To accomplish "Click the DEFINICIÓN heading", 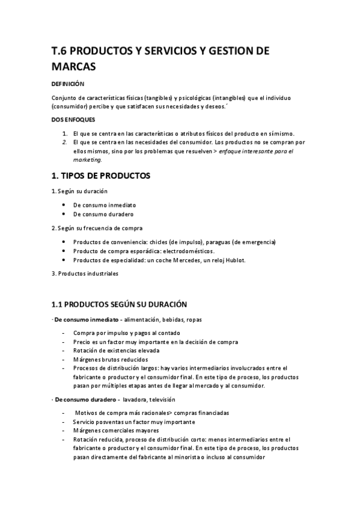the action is coord(68,85).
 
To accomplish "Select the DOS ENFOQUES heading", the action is coord(70,120).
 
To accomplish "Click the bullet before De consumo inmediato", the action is coord(64,205).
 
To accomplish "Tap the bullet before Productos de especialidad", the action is coord(64,260).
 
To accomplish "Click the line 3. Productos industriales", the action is coord(85,274).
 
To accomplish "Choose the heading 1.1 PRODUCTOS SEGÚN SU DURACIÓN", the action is coord(120,304).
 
